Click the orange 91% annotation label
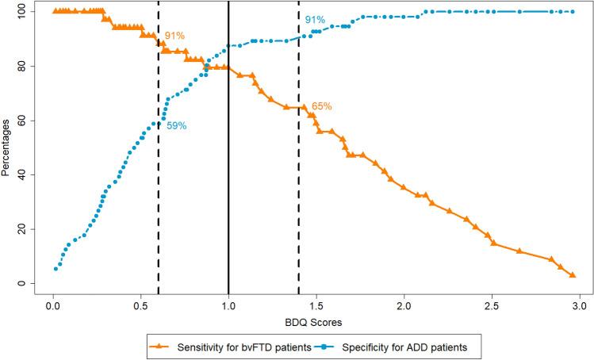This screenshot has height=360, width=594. [174, 36]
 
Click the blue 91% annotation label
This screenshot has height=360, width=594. [315, 20]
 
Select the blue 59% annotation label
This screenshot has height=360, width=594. [176, 126]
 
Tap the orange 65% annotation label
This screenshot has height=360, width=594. [321, 106]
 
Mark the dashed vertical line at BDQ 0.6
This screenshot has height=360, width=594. [159, 198]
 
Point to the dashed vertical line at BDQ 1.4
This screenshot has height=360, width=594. [299, 198]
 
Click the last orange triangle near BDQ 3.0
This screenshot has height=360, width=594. [573, 275]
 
